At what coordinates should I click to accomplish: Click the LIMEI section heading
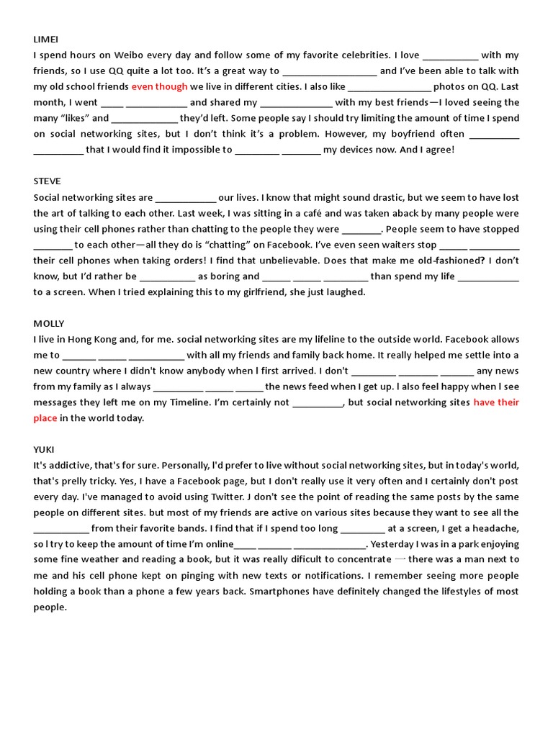[x=45, y=39]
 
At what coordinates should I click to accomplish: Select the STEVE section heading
[x=47, y=181]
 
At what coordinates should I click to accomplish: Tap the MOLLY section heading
[x=49, y=323]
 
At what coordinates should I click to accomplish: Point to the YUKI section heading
[x=44, y=449]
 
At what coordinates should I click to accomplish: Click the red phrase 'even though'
[x=159, y=86]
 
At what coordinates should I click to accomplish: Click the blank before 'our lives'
[x=185, y=198]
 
